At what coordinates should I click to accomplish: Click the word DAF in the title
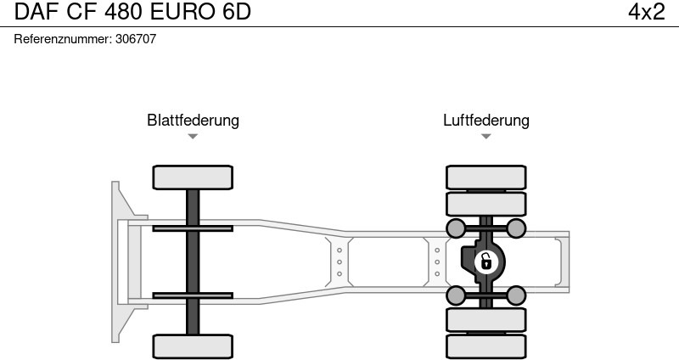point(36,12)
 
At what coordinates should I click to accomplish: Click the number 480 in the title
point(123,12)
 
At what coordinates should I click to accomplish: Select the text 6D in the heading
point(237,12)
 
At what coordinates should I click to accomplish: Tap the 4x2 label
point(647,12)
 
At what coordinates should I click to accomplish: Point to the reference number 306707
point(136,39)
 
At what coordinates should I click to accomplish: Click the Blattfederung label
point(193,120)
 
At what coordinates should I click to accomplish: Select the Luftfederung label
point(485,120)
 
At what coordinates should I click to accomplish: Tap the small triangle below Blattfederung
point(193,137)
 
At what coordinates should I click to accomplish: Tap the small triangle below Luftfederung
point(485,137)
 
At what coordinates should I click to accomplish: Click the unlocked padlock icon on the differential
point(486,262)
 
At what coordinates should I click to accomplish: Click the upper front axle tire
point(193,177)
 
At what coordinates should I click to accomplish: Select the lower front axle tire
point(193,346)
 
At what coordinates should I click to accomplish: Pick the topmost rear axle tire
point(485,177)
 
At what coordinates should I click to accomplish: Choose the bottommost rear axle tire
point(485,346)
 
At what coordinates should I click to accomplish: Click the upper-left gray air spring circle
point(456,228)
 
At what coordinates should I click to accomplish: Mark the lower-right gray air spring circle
point(516,295)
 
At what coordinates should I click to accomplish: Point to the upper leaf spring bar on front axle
point(193,228)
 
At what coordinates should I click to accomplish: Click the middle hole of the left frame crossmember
point(339,262)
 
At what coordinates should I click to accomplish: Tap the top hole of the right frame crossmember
point(437,250)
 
